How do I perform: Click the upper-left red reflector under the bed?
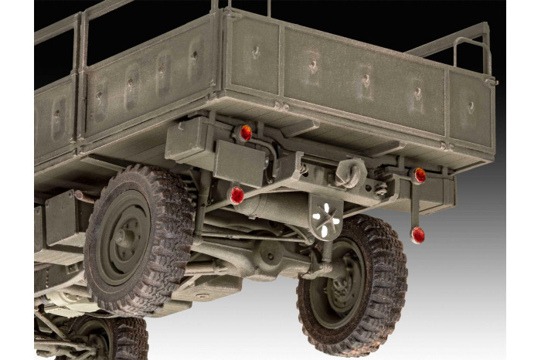[246, 133]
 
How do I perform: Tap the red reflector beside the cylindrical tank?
[236, 195]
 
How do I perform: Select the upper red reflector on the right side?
[418, 175]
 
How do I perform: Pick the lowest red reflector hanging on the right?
[417, 233]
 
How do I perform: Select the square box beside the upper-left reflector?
[193, 139]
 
